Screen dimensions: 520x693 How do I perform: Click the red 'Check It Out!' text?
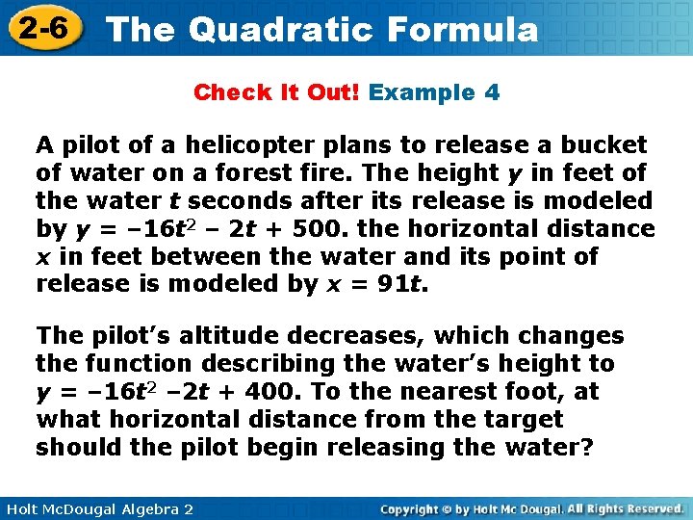tap(277, 93)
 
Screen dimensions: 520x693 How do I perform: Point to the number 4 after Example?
tap(492, 93)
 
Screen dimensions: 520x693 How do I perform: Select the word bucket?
tap(603, 145)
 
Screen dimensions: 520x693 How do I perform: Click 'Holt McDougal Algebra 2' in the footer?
tap(97, 507)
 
